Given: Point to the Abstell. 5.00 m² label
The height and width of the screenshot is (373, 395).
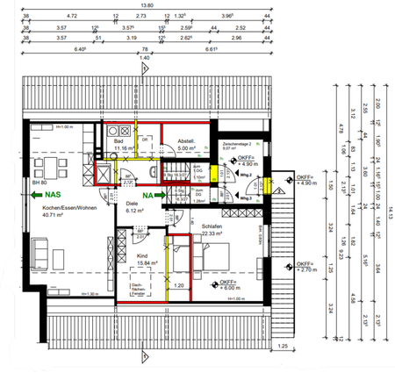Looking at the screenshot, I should pos(185,146).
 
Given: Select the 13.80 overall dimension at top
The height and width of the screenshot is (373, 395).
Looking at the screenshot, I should pos(141,6).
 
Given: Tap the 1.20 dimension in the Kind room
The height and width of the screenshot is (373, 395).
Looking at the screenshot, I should pos(179,285).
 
